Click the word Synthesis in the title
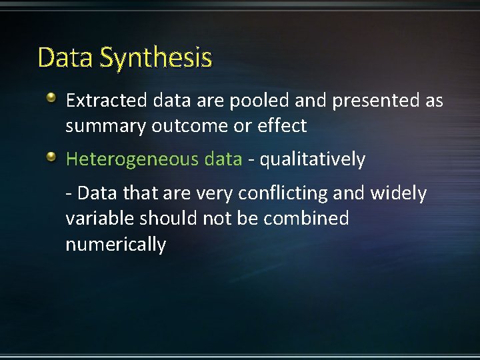(156, 59)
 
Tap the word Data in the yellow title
(66, 58)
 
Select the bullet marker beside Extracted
(52, 99)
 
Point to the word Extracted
(106, 101)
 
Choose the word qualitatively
(313, 159)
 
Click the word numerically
(115, 245)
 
